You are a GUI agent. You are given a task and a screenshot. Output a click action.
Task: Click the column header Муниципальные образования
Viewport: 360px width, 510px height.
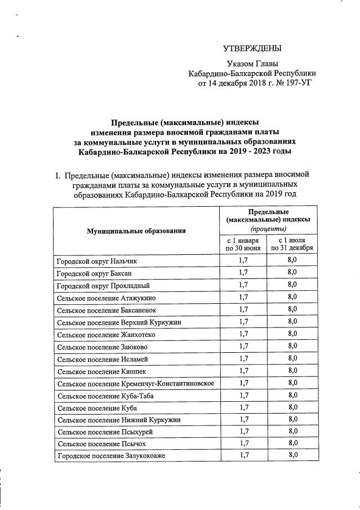click(x=136, y=230)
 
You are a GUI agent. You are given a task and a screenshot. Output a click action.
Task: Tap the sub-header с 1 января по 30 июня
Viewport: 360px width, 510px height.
click(x=243, y=244)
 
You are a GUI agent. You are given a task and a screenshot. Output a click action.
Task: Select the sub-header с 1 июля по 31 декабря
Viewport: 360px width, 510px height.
click(x=292, y=244)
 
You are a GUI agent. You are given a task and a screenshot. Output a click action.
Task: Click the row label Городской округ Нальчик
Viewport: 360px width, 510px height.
click(x=96, y=261)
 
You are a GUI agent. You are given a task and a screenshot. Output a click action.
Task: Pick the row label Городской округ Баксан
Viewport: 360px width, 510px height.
click(x=95, y=273)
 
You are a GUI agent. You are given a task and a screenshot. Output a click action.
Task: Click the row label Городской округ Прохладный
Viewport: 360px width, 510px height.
click(x=103, y=285)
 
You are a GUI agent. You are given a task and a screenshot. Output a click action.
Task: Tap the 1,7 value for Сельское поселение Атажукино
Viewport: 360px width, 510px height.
click(x=243, y=298)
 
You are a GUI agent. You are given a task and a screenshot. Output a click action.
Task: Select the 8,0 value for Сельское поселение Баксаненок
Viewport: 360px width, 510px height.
click(x=292, y=309)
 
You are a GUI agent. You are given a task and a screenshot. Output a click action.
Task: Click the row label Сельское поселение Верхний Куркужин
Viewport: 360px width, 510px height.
click(x=119, y=322)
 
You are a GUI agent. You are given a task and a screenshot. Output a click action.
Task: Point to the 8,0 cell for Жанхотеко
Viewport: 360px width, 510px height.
click(x=292, y=334)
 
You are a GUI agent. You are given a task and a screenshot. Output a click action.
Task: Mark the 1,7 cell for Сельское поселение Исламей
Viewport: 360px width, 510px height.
click(x=243, y=358)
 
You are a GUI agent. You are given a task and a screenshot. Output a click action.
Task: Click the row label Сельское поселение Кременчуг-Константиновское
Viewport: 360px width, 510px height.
click(x=135, y=383)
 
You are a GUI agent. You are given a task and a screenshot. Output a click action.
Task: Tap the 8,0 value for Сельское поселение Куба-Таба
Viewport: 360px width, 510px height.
click(x=292, y=395)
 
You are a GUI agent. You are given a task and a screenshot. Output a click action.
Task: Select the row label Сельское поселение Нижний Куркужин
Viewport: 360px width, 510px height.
click(x=118, y=420)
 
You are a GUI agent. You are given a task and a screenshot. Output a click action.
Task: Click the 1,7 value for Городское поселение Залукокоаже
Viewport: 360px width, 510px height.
click(x=243, y=455)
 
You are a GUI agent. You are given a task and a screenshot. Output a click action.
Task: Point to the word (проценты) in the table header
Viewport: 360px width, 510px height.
click(x=268, y=229)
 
